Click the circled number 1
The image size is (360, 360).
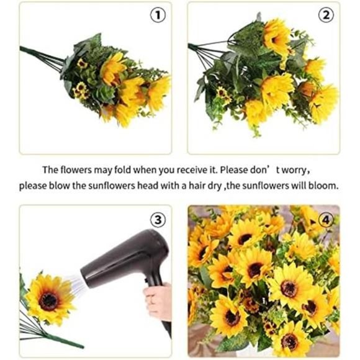[x=158, y=16]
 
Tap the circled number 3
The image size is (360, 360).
[x=158, y=219]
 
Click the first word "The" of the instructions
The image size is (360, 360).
[x=50, y=169]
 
